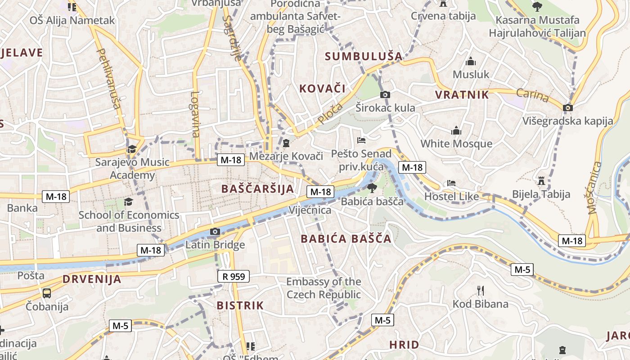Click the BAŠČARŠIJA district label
point(257,189)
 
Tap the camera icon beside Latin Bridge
point(215,232)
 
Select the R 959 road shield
point(233,276)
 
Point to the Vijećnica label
point(310,210)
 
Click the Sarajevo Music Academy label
point(132,169)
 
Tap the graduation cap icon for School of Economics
point(129,201)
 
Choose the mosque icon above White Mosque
point(456,131)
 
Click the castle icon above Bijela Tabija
point(541,181)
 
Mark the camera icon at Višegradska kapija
point(568,108)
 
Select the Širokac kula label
point(385,108)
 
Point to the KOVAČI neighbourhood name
point(323,88)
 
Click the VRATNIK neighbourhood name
point(462,94)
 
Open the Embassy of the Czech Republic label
point(324,288)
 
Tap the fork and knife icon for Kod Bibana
point(480,290)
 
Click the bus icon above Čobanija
point(47,293)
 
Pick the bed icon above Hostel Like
point(451,183)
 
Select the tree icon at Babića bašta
point(372,188)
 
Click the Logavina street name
point(195,114)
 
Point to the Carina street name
point(532,95)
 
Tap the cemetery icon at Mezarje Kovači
point(286,144)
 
